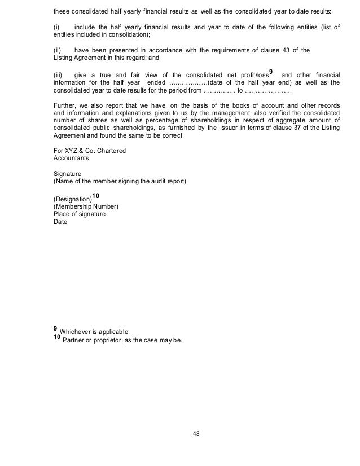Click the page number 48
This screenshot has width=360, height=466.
coord(196,434)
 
